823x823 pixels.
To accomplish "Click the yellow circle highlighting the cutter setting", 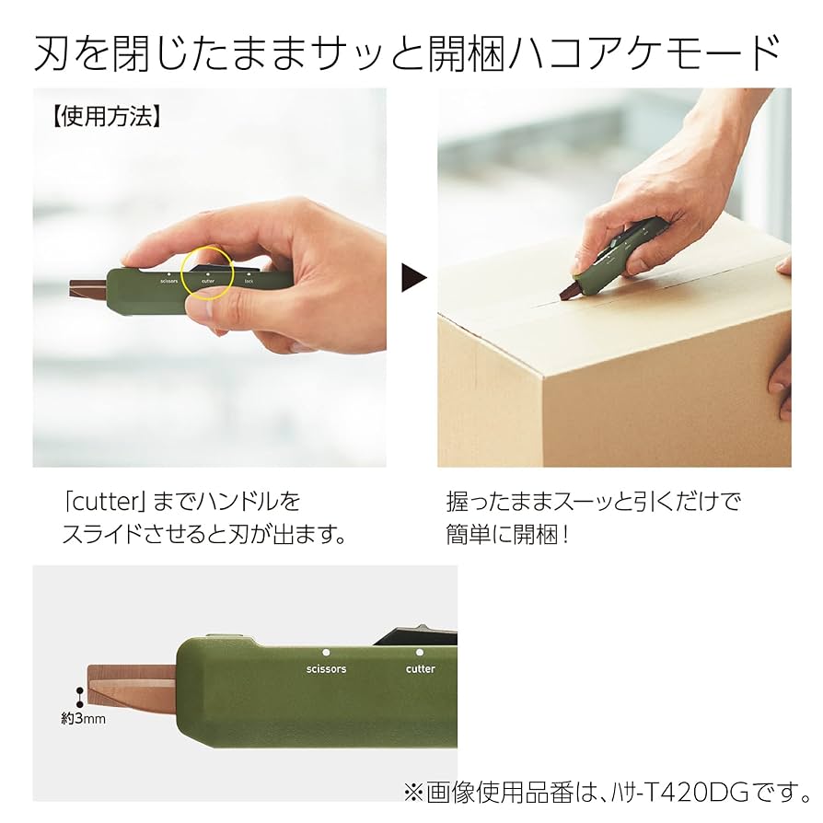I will tap(207, 271).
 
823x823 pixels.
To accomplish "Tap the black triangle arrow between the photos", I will tap(414, 277).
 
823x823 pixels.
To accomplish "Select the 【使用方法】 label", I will tap(107, 117).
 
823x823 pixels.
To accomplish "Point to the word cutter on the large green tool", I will tap(420, 668).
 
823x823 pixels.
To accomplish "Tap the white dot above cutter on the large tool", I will tap(420, 652).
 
